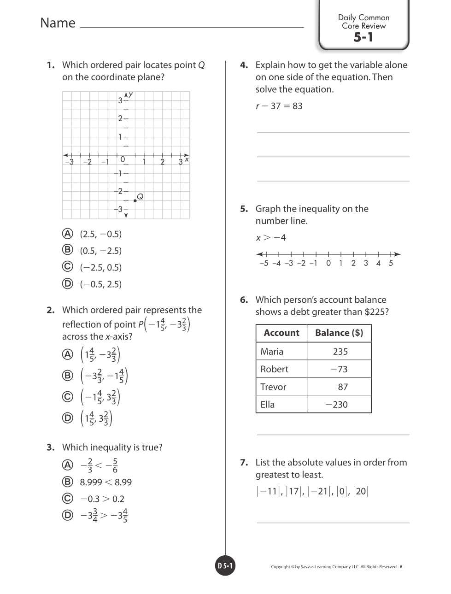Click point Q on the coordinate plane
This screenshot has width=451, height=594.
(x=135, y=200)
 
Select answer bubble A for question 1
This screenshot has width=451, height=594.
(x=68, y=234)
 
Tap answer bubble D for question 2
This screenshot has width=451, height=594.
(x=68, y=418)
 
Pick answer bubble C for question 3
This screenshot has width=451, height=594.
(x=68, y=498)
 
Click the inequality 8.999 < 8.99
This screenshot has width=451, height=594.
(x=105, y=482)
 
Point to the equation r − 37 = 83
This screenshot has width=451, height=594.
(x=279, y=106)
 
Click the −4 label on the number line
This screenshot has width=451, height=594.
(x=276, y=263)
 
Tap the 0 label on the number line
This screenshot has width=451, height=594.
(x=328, y=263)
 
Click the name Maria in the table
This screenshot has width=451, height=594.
(x=272, y=352)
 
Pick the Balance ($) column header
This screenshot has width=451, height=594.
(x=339, y=333)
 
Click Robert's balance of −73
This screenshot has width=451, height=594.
(x=339, y=369)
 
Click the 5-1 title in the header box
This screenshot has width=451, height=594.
(x=363, y=37)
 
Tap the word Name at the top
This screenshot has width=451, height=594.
(x=58, y=23)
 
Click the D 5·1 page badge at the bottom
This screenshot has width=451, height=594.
(x=225, y=566)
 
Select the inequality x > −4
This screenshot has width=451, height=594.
(x=271, y=238)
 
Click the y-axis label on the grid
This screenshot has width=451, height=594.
(x=131, y=94)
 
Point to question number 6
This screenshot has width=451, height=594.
(x=244, y=300)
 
